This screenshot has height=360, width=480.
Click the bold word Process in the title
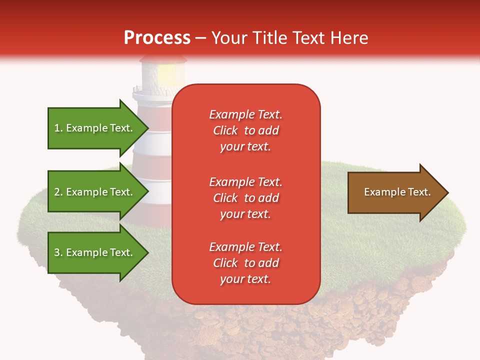point(157,38)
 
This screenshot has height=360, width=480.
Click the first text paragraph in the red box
point(245,130)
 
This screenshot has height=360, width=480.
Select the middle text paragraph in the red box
point(245,198)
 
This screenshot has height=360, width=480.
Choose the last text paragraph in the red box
point(245,263)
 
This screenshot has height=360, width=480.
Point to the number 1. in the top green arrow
point(58,128)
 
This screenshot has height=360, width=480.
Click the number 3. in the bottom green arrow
point(58,252)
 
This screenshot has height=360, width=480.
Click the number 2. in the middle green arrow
point(58,192)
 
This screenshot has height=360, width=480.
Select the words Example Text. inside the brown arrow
point(397,192)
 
